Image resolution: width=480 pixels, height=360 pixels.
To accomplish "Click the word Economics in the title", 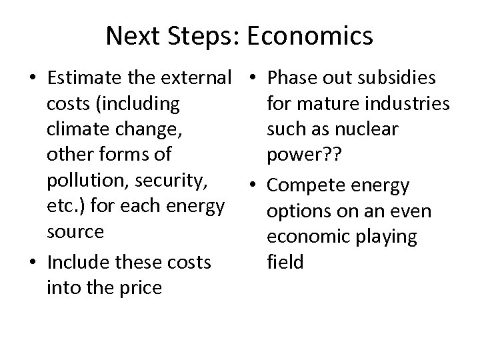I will tap(310, 37).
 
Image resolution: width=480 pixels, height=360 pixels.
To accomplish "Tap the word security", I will tap(175, 181).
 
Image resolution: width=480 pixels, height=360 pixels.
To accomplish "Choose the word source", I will tap(75, 231).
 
